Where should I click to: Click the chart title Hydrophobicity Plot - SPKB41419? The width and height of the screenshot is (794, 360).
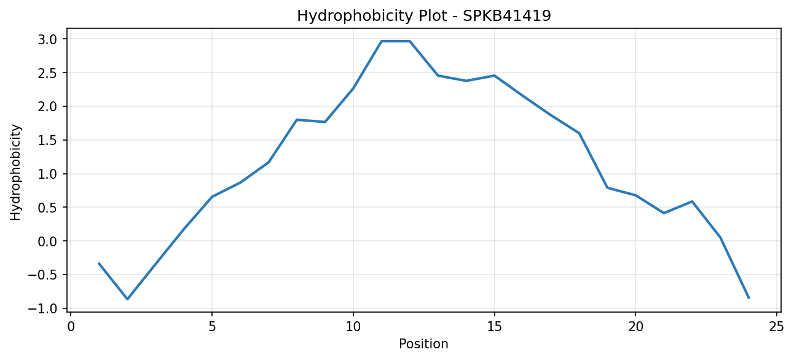tap(423, 16)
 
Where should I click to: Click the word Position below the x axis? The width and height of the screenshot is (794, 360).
tap(423, 343)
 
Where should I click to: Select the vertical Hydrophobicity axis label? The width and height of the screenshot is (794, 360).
tap(15, 172)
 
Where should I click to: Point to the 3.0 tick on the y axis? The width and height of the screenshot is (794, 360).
tap(47, 39)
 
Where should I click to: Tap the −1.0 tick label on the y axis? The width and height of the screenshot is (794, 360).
tap(42, 308)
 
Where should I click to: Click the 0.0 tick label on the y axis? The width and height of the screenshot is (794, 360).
tap(47, 241)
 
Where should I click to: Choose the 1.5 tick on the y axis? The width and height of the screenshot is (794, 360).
tap(47, 140)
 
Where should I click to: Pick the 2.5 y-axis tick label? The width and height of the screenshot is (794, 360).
tap(47, 72)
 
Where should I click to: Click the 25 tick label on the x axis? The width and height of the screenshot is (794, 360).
tap(776, 327)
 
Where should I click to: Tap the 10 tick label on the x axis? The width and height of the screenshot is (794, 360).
tap(353, 327)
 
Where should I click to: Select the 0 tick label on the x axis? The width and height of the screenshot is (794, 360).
tap(71, 327)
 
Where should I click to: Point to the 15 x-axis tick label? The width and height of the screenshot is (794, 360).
tap(494, 327)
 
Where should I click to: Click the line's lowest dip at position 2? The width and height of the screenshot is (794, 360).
tap(128, 299)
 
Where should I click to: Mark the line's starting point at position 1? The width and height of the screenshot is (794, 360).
tap(99, 264)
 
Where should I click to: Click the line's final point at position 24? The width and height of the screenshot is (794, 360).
tap(749, 298)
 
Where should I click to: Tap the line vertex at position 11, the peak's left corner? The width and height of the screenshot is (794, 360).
tap(382, 41)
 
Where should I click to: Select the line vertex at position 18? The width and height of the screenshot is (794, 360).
tap(579, 133)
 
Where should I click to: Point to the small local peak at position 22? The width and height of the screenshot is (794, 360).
tap(692, 202)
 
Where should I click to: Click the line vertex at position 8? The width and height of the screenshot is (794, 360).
tap(297, 120)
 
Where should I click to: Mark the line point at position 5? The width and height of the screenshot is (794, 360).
tap(212, 197)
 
